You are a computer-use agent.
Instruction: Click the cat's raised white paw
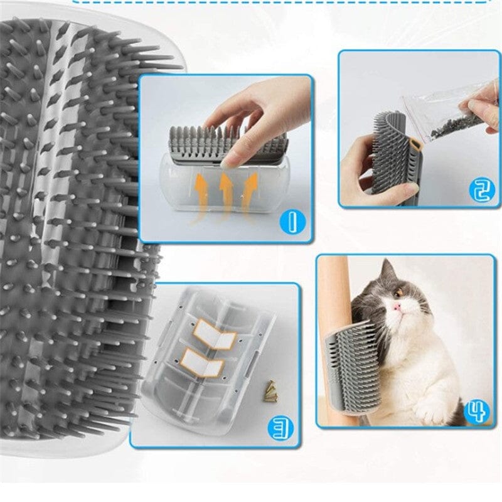tap(434, 409)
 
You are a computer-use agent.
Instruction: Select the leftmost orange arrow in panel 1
tap(202, 195)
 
